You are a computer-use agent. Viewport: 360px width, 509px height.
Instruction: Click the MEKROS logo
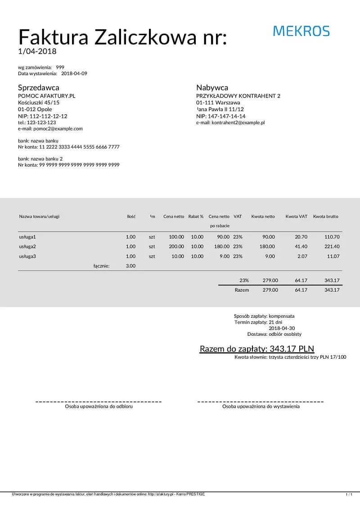301,31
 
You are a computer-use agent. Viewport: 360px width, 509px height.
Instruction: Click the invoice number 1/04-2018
37,51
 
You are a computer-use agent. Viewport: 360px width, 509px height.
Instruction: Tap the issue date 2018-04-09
74,73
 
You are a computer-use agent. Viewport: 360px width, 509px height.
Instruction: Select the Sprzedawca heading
38,88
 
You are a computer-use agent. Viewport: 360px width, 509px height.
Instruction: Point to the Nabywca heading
212,88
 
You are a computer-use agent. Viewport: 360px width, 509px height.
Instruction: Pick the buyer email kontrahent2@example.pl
230,122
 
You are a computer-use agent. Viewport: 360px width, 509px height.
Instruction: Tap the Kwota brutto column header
325,216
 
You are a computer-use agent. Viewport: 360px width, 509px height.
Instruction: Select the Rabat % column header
196,216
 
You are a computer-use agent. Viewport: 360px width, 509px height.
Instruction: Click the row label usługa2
27,247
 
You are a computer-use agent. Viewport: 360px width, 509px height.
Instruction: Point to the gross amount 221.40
332,247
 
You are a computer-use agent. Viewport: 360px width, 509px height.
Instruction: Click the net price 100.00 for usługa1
176,237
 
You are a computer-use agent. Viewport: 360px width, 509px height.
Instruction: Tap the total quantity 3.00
130,266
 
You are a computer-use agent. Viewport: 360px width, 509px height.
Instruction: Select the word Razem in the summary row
242,290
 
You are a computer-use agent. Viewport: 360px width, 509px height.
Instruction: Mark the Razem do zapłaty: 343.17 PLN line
256,349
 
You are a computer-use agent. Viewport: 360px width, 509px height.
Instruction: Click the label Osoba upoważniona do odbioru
99,406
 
